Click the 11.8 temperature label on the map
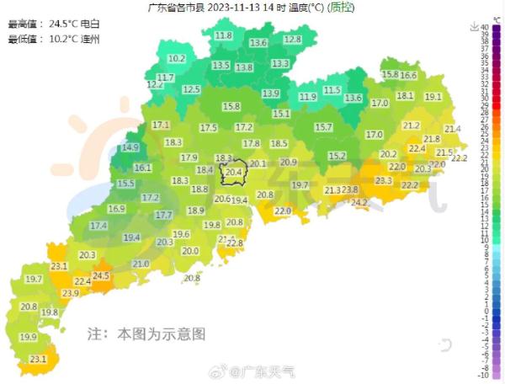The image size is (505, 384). tap(223, 35)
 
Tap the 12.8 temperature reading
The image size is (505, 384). tap(292, 39)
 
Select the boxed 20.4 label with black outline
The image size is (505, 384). tap(233, 173)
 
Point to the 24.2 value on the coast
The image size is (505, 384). tap(359, 202)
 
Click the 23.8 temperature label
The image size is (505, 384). tap(350, 189)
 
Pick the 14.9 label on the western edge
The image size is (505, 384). tap(130, 147)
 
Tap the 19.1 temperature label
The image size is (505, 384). tap(433, 97)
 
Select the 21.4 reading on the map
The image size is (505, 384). tap(453, 129)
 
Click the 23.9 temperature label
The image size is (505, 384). tap(70, 293)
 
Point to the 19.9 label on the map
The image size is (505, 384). tap(29, 337)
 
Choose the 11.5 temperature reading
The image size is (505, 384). tap(332, 90)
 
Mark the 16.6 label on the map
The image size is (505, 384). tap(408, 75)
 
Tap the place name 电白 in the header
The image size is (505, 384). tap(89, 24)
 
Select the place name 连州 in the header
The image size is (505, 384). tap(89, 39)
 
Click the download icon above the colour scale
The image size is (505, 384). tap(475, 27)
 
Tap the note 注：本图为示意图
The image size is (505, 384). tap(146, 334)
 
